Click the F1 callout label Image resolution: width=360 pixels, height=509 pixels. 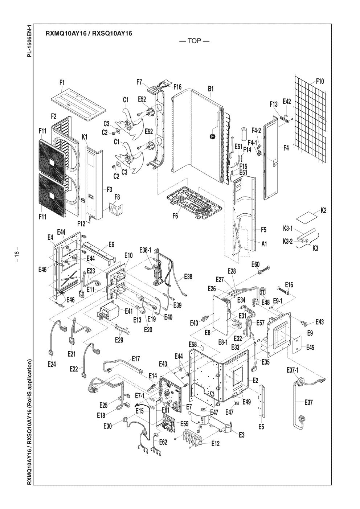[62, 83]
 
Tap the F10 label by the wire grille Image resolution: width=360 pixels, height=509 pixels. [320, 81]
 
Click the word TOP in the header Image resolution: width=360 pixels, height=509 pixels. [195, 41]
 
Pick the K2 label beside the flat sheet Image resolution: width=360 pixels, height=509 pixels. [323, 210]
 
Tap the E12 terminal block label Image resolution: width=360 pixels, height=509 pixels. [215, 443]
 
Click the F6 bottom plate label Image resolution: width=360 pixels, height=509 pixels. [175, 216]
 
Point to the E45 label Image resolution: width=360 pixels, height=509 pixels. [310, 348]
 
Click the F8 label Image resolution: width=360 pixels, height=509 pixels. [117, 197]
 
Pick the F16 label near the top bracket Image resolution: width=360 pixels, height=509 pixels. [177, 87]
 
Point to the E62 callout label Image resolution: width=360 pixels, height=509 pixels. [163, 442]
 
